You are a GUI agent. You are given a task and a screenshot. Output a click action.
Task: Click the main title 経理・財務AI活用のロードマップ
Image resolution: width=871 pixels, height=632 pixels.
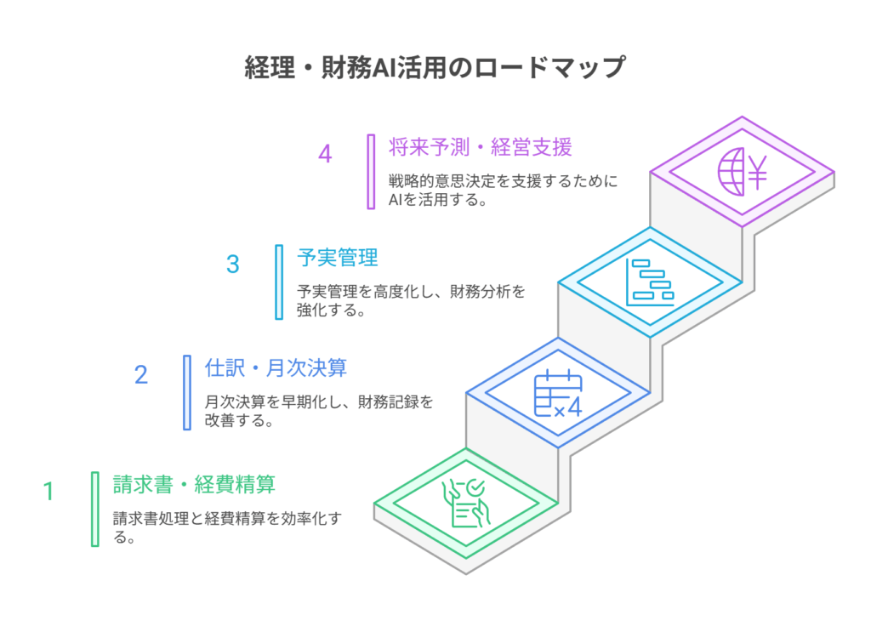pos(435,68)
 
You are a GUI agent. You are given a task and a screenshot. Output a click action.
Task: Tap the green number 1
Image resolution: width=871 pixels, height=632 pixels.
pos(48,491)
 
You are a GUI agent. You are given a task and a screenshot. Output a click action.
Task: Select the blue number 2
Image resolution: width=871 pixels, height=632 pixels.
pos(141,375)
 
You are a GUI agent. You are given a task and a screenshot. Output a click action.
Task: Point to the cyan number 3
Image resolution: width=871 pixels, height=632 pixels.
pos(233,265)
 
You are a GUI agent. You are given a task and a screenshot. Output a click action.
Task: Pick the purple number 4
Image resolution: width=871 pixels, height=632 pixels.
pos(325,154)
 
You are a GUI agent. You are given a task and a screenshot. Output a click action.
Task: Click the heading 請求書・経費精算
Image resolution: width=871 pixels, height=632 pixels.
pos(194,484)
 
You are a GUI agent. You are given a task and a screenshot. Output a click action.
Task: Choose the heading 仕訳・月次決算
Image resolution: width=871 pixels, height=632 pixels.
pos(276,367)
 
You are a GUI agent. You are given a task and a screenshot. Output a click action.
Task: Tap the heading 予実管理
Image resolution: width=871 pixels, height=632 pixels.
pos(337,258)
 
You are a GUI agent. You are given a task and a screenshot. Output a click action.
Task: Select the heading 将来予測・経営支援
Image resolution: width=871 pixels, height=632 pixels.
pos(480,147)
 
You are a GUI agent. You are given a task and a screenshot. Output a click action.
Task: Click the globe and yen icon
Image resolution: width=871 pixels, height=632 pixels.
pos(742,172)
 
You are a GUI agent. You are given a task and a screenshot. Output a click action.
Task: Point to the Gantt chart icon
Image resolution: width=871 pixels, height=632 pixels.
pos(650,282)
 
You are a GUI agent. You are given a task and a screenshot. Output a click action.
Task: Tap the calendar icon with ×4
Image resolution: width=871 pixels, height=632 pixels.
pos(558,393)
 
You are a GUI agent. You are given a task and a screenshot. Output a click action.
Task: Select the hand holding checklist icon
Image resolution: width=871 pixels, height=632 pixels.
pos(466,504)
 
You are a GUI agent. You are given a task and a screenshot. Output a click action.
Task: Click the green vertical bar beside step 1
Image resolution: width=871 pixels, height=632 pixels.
pos(95,510)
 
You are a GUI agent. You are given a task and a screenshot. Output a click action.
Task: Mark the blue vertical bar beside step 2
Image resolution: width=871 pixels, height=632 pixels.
pos(187,393)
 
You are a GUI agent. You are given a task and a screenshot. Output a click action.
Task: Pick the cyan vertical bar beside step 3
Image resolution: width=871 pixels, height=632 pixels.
pos(279,282)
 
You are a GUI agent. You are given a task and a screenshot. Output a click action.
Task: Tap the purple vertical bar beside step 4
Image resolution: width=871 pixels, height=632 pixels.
pos(371,172)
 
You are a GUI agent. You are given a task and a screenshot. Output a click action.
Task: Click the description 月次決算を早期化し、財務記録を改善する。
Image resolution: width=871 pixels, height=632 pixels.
pos(319,411)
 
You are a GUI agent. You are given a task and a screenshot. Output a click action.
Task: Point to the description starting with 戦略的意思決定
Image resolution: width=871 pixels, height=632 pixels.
pos(504,190)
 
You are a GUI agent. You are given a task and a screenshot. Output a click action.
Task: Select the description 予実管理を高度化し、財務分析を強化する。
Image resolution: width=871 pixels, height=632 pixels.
pos(411,300)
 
